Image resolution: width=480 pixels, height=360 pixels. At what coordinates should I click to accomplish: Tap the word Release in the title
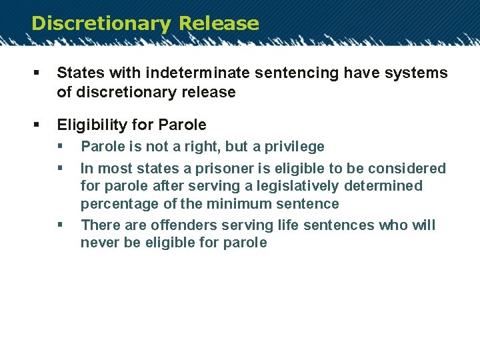pos(219,23)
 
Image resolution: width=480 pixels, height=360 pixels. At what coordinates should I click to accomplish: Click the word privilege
pos(291,147)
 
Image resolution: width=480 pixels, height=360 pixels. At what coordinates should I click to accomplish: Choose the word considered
pos(405,169)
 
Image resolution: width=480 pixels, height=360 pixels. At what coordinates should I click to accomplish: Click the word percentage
pos(115,204)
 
